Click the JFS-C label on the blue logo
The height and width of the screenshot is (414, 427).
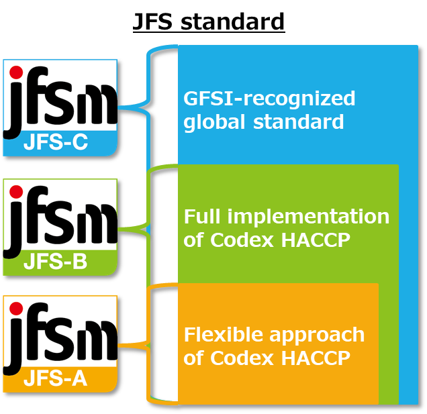[56, 143]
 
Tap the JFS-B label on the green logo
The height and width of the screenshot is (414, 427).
[56, 262]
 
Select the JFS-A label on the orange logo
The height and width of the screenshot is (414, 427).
[56, 379]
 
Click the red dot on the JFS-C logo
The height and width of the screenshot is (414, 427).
[16, 72]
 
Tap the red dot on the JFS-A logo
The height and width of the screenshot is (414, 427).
[16, 309]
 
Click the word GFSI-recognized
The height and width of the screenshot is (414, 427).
[269, 99]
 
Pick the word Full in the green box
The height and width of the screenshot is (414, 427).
[202, 217]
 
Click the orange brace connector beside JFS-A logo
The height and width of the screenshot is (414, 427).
[134, 346]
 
